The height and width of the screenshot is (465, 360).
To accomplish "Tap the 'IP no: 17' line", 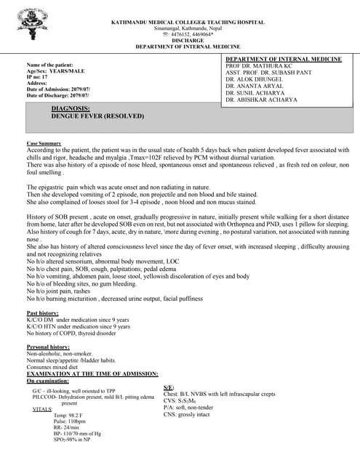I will pos(37,77).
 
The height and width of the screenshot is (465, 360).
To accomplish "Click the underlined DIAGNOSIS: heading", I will pos(71,108).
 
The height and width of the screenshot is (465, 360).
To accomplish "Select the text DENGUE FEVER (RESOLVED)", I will pos(98,116).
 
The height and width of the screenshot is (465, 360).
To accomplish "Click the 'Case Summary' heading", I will pos(43,144).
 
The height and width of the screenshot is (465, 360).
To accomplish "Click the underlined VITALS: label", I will pos(43,410).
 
